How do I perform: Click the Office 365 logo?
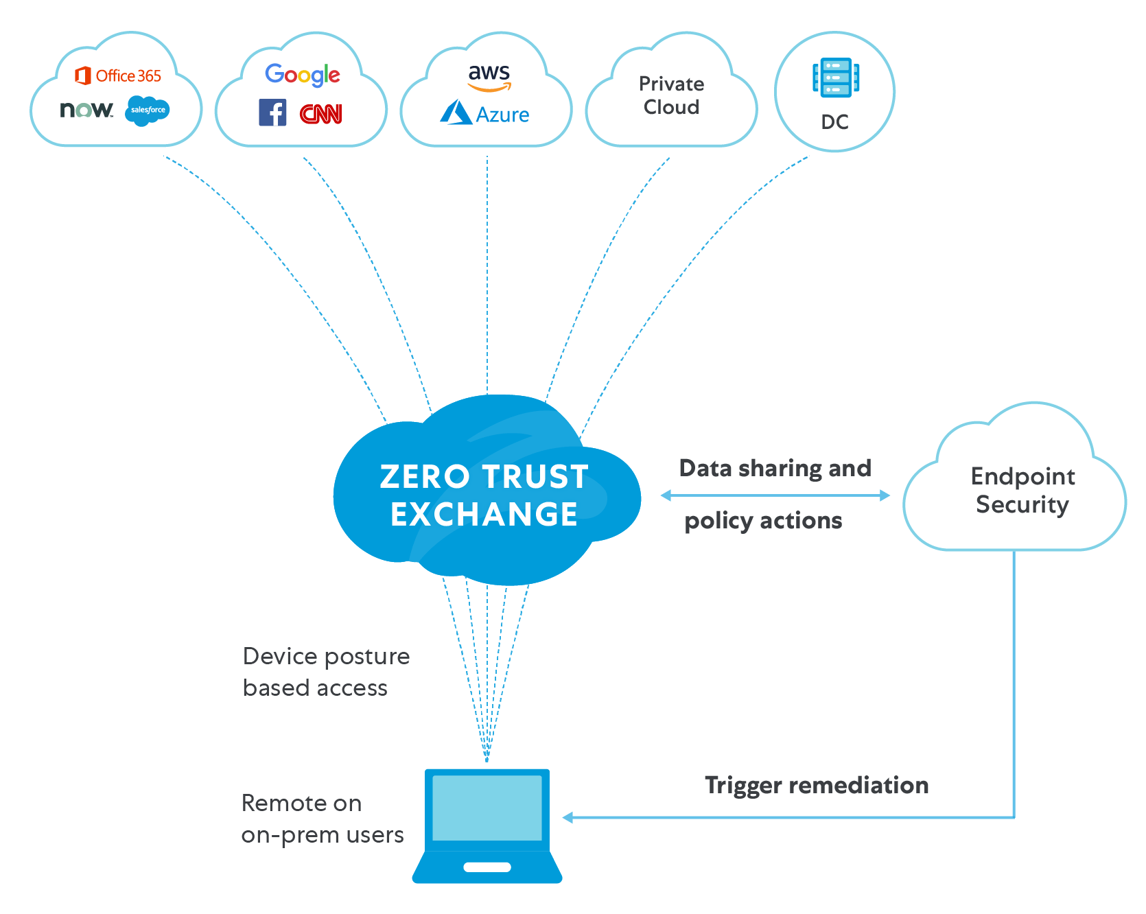coord(118,75)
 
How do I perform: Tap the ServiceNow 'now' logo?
coord(86,110)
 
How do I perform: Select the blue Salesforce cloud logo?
coord(148,110)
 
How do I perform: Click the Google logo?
coord(303,75)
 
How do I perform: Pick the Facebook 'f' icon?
coord(272,113)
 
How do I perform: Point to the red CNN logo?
coord(321,114)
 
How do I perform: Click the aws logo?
coord(489,76)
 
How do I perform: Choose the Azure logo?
coord(484,114)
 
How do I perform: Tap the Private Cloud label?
coord(671,95)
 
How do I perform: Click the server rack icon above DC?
coord(836,77)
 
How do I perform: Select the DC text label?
coord(835,122)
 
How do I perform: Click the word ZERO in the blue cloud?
coord(425,477)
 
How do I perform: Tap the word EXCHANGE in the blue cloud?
coord(484,515)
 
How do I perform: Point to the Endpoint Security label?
coord(1022,490)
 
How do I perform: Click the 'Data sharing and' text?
coord(775,468)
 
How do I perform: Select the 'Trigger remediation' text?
coord(817,785)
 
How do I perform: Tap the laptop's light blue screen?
coord(487,808)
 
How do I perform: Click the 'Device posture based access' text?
coord(326,672)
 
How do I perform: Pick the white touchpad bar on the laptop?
coord(487,867)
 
